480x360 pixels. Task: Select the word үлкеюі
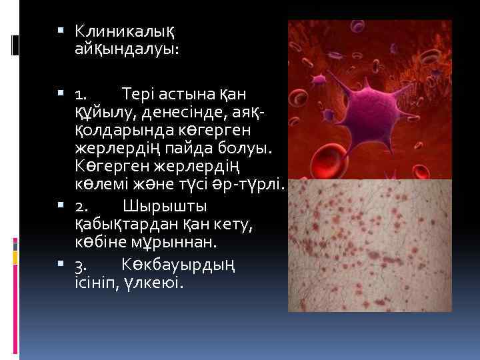click(x=154, y=283)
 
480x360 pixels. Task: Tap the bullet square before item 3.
click(x=61, y=265)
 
